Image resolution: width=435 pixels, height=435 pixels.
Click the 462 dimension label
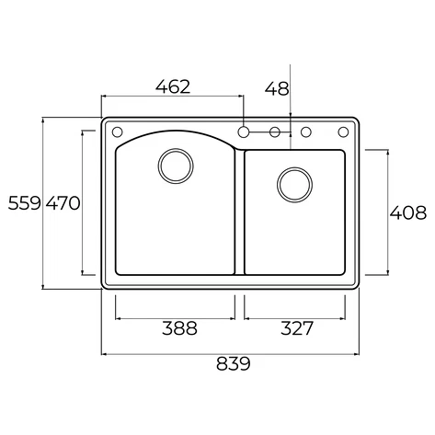[173, 86]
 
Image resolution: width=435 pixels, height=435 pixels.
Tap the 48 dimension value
[277, 89]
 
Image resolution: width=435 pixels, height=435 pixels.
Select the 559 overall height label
[24, 203]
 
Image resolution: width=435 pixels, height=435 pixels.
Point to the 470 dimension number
[63, 203]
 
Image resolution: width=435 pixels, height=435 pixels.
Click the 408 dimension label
[408, 212]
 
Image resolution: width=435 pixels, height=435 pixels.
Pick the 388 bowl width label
[179, 328]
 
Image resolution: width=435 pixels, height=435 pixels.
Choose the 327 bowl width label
[297, 328]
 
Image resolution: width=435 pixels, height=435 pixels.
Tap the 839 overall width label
[234, 364]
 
